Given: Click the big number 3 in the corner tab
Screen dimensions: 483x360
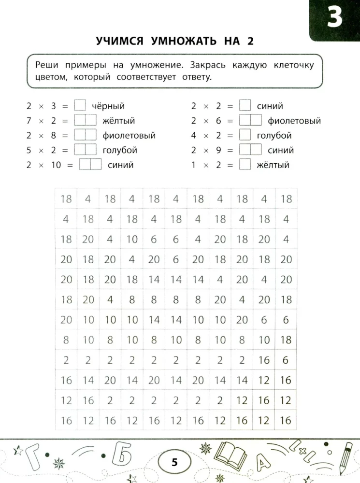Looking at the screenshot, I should [x=334, y=18].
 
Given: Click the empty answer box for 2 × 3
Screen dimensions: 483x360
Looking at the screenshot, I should [x=80, y=106].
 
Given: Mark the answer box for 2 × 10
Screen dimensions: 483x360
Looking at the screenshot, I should [x=90, y=165].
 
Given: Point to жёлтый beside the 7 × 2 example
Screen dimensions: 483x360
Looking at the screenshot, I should [x=118, y=121].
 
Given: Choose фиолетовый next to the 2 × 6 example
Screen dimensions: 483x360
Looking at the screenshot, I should [x=294, y=121].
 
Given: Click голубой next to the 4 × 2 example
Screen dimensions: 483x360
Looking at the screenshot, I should [x=274, y=136].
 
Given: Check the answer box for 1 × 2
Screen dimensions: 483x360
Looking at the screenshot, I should [x=245, y=165].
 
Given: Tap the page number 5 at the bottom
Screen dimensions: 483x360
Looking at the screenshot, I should [x=174, y=463].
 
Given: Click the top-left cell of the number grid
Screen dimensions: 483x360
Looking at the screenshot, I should [x=66, y=199].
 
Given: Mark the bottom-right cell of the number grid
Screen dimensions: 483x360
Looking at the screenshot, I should [x=286, y=420].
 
